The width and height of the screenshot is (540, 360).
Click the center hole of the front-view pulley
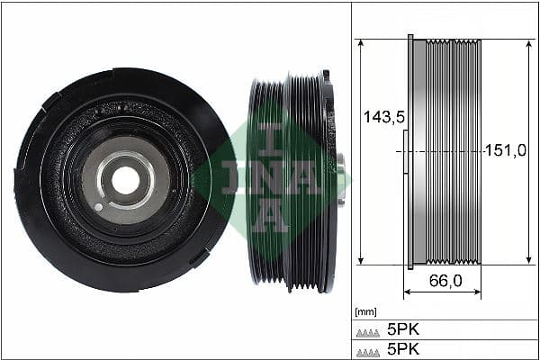[125, 180]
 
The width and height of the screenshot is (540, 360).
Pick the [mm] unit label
[366, 312]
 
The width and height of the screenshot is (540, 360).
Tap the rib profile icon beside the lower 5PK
[367, 349]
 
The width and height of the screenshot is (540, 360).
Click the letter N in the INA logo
[271, 177]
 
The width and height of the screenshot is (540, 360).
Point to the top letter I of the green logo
[271, 136]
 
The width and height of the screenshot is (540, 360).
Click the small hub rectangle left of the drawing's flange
[405, 152]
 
